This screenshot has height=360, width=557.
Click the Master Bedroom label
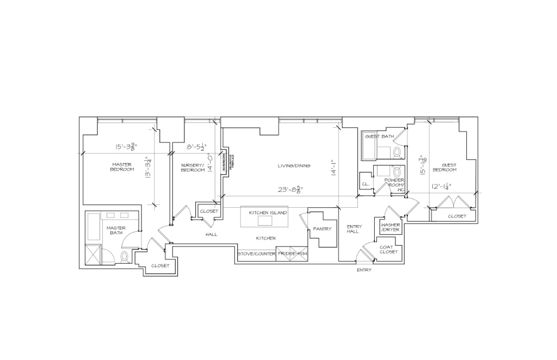click(122, 167)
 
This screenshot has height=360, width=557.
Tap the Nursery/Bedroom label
click(193, 167)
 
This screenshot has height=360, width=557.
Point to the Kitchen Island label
click(268, 213)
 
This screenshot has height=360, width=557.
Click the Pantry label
click(322, 229)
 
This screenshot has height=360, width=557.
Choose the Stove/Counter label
click(256, 254)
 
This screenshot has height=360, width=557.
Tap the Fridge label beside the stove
click(293, 254)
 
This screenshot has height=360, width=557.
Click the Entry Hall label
click(354, 229)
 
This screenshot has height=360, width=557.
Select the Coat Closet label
click(388, 249)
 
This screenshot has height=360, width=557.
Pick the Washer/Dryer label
click(391, 227)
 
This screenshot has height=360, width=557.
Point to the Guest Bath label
click(379, 136)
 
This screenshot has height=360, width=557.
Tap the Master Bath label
click(116, 231)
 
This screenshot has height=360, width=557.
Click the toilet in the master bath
click(125, 256)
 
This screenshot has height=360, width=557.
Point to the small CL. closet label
click(366, 184)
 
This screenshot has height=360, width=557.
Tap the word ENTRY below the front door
click(364, 270)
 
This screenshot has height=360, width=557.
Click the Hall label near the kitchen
click(211, 234)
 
